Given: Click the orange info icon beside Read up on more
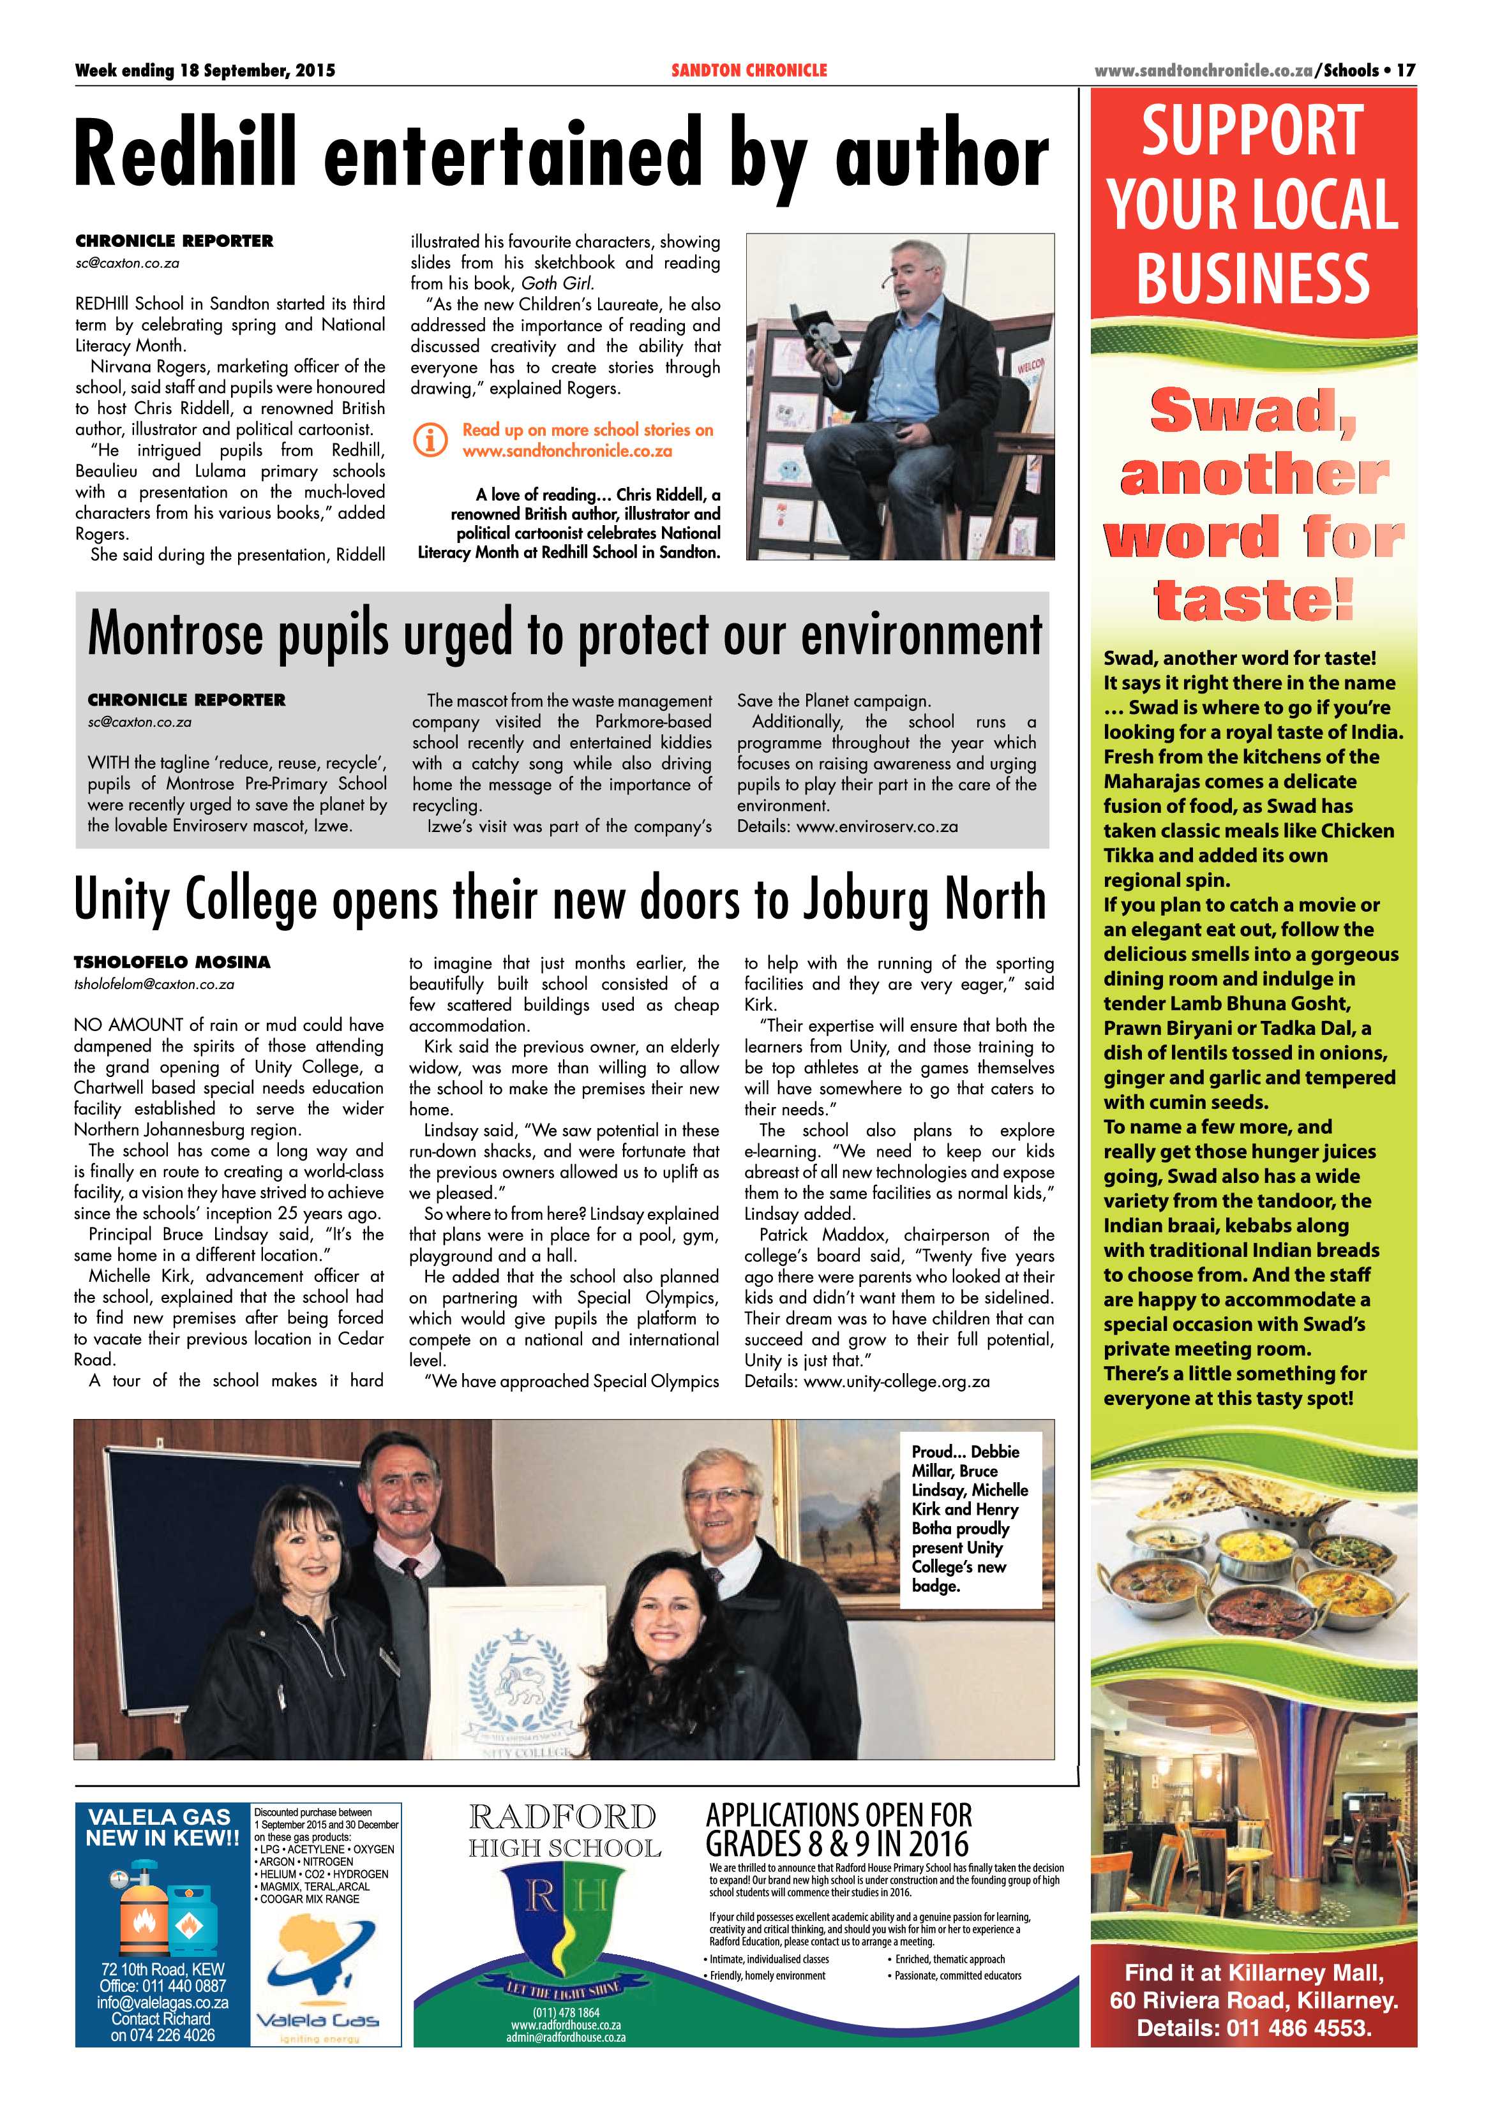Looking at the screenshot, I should click(430, 440).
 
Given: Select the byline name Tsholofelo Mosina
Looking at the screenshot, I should click(172, 962).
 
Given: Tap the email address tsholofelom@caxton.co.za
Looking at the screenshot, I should click(154, 984).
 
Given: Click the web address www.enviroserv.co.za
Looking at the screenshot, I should click(877, 826).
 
